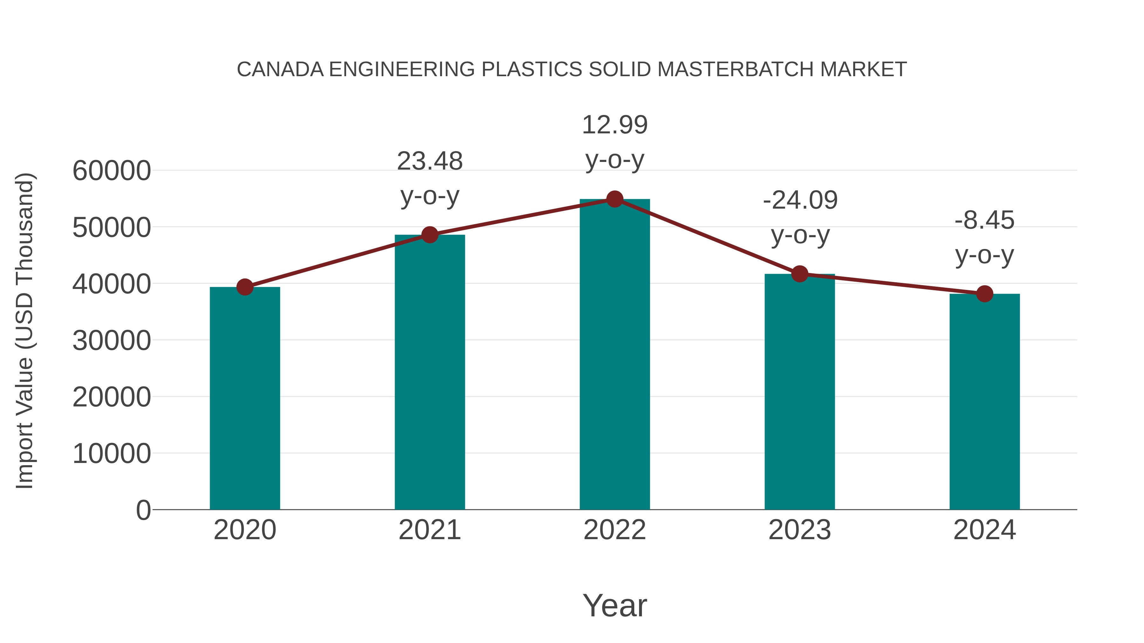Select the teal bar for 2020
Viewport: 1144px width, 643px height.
(245, 399)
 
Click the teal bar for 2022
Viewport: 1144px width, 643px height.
(615, 355)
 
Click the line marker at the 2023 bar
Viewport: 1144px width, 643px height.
(800, 274)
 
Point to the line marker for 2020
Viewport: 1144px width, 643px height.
(245, 287)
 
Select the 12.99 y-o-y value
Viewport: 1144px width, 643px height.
(615, 125)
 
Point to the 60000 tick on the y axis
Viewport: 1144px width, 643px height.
(112, 171)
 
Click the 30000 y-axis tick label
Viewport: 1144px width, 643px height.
(112, 341)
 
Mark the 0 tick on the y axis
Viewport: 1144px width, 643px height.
(143, 510)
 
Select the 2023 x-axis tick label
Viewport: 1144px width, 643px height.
(800, 530)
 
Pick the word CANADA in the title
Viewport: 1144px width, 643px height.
(280, 69)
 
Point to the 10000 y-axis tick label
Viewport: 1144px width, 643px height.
(112, 454)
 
